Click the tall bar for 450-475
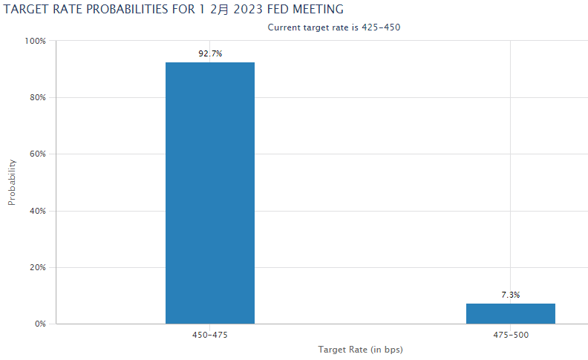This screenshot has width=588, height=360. [x=210, y=193]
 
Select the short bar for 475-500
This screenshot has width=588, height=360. [x=511, y=313]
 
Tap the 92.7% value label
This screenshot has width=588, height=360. [x=210, y=53]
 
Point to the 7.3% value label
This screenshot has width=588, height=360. [x=511, y=295]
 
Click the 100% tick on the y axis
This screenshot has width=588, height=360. [x=36, y=41]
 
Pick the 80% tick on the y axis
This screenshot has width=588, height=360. [x=38, y=97]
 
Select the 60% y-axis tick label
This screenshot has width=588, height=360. [x=38, y=154]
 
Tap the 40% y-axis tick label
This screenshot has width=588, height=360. [x=38, y=211]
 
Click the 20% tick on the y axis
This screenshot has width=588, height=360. [x=38, y=267]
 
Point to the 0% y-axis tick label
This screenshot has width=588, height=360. [x=40, y=324]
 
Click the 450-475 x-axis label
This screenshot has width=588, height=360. [x=210, y=336]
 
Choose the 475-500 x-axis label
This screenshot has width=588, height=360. [x=511, y=336]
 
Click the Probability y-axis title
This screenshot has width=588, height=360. [x=12, y=182]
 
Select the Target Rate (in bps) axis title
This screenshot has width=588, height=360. [x=360, y=349]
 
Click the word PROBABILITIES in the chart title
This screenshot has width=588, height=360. [x=128, y=10]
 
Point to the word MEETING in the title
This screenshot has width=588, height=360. [x=318, y=10]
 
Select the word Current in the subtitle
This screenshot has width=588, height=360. [x=285, y=27]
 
